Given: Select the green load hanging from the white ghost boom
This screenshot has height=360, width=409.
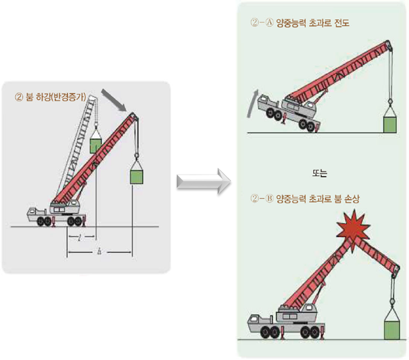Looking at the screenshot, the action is (95, 145).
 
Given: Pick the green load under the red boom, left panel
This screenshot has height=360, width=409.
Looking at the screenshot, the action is (136, 173).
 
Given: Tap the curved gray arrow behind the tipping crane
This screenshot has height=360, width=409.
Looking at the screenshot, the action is (251, 104).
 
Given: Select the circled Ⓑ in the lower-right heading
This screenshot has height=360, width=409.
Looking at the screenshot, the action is (267, 199).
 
